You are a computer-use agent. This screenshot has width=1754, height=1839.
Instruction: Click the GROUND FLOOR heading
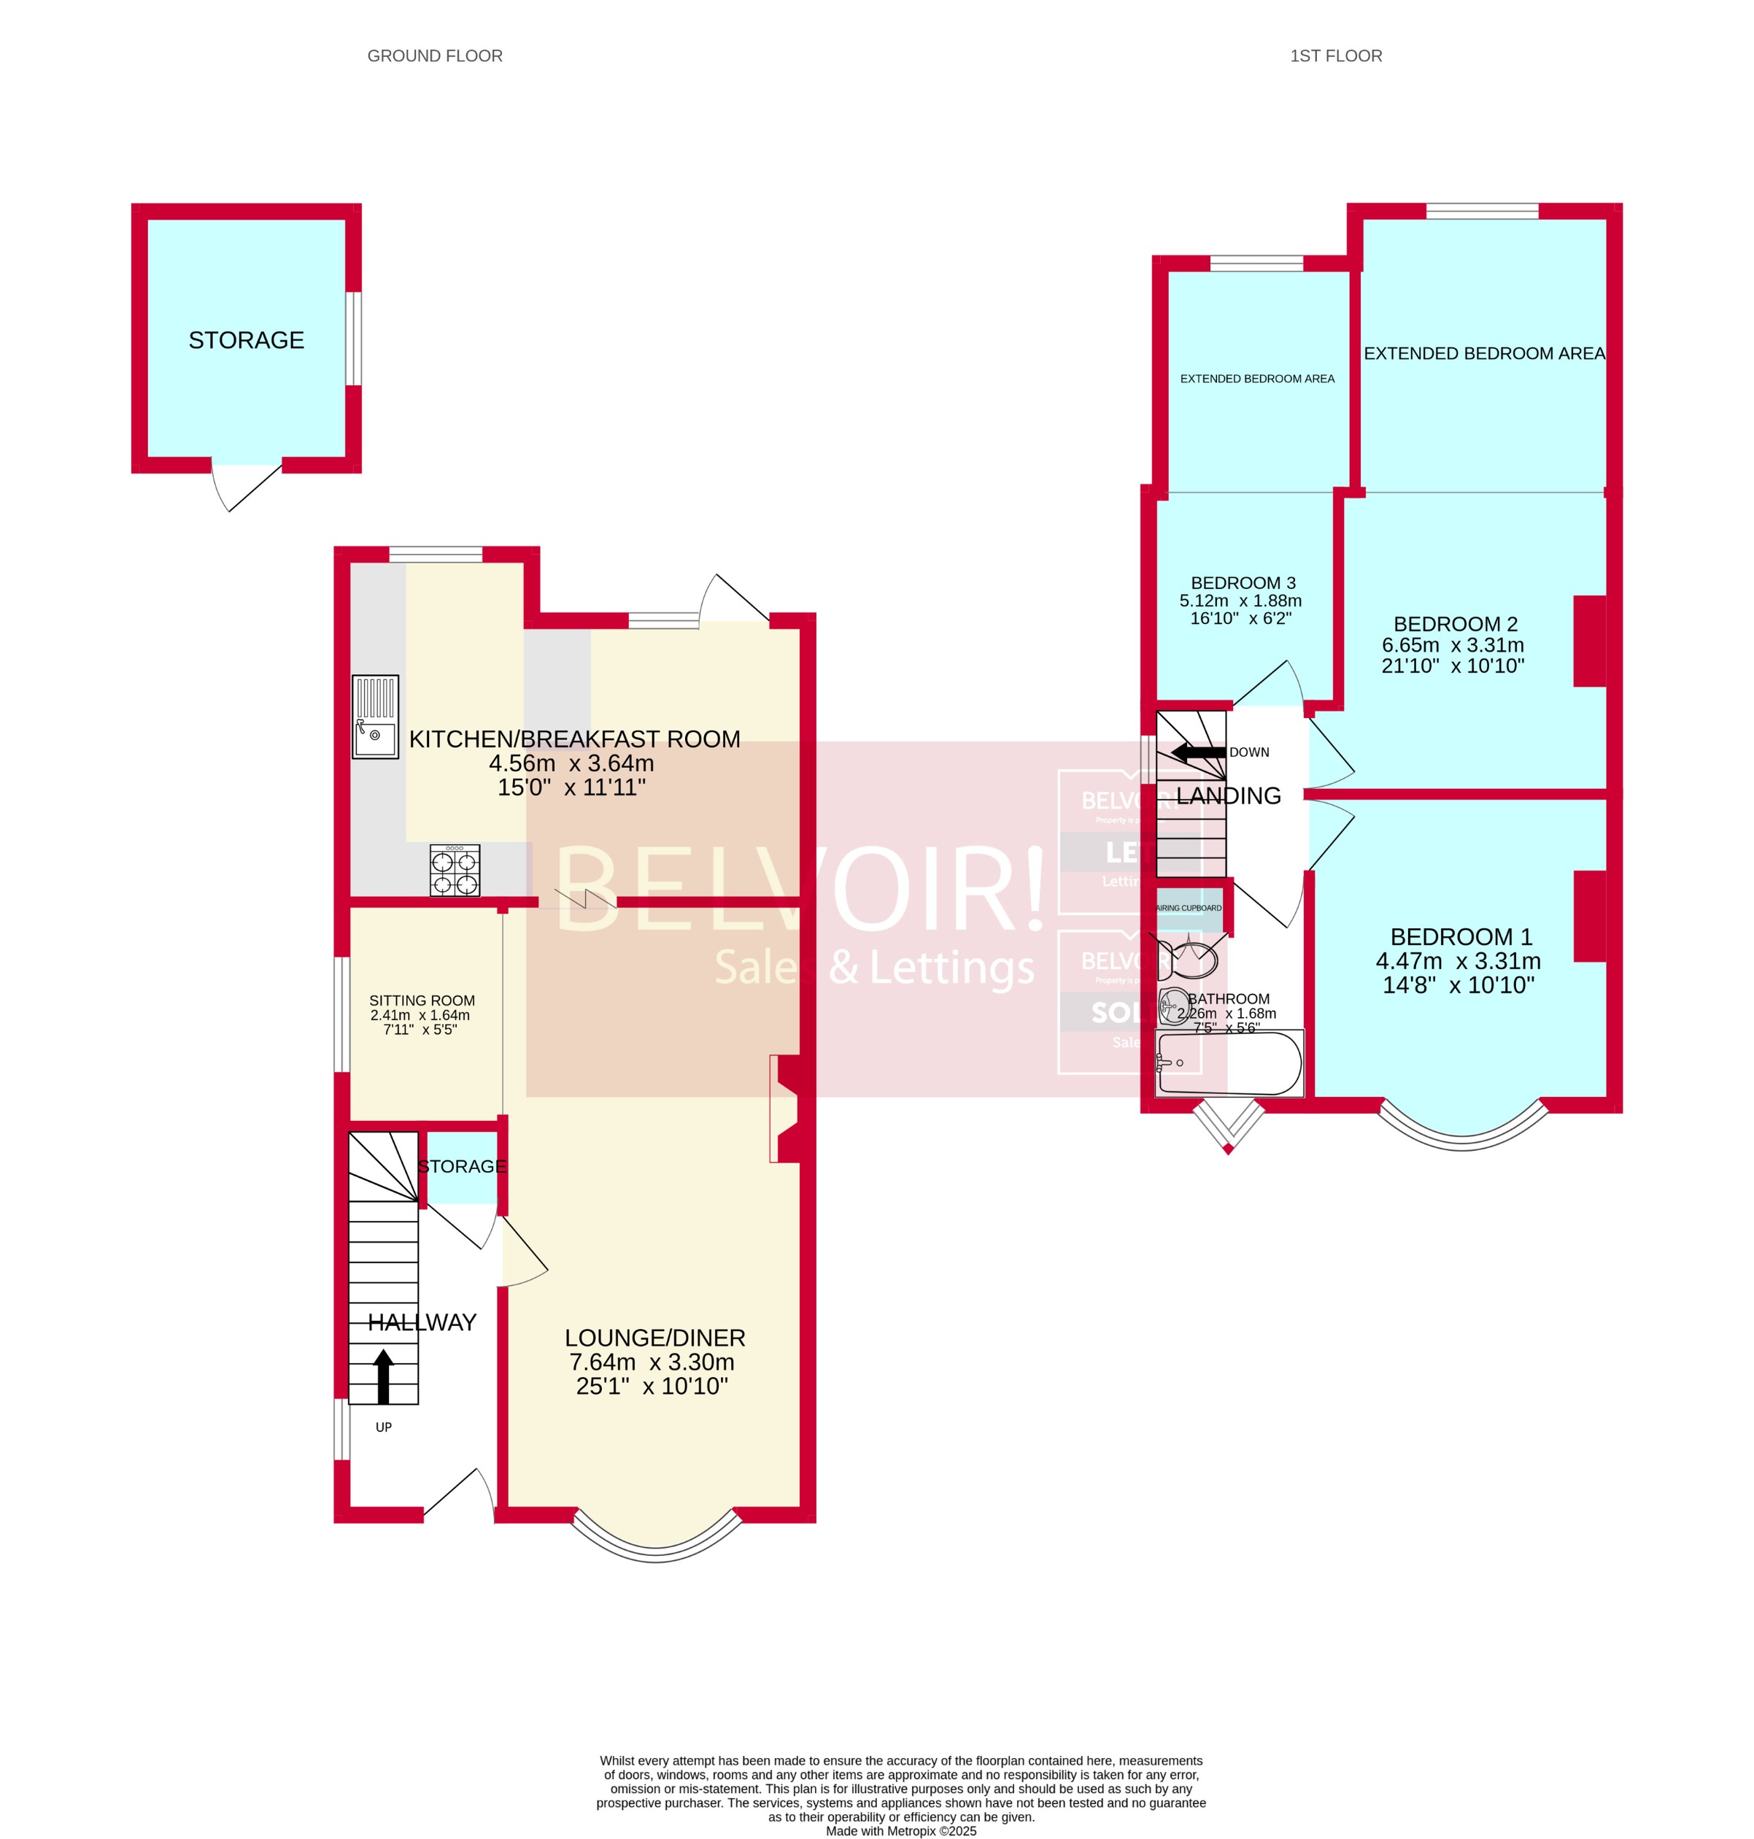tap(435, 56)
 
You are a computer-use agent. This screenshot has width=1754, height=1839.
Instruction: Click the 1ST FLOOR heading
tap(1335, 56)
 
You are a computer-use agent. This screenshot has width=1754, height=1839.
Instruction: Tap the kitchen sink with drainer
tap(375, 716)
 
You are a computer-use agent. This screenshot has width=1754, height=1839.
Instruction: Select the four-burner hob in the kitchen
tap(455, 871)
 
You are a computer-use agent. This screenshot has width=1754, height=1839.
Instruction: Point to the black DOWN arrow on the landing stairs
tap(1198, 752)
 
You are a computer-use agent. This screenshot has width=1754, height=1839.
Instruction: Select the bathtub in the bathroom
tap(1229, 1063)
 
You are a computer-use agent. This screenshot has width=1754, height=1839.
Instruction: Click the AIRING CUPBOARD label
tap(1189, 908)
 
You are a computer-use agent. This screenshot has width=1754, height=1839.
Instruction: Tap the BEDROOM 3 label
tap(1243, 582)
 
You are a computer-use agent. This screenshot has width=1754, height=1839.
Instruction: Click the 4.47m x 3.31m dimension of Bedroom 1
tap(1458, 961)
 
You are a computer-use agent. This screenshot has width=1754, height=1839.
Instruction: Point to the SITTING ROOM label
tap(422, 1001)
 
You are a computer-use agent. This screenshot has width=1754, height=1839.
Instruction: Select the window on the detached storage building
tap(353, 339)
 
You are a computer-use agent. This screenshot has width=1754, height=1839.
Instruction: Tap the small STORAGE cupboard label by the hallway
tap(462, 1166)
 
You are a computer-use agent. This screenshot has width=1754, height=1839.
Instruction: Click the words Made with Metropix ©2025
tap(900, 1832)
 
